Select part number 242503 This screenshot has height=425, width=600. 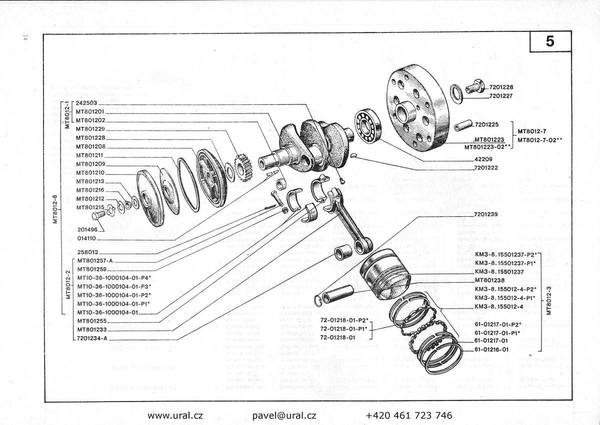[87, 102]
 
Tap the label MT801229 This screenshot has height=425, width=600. [90, 129]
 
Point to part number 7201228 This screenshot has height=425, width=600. [502, 87]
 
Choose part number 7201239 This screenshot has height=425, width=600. [486, 214]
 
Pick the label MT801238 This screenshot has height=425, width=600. [489, 280]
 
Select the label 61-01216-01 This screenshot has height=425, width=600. [492, 350]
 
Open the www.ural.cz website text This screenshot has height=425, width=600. [175, 415]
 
